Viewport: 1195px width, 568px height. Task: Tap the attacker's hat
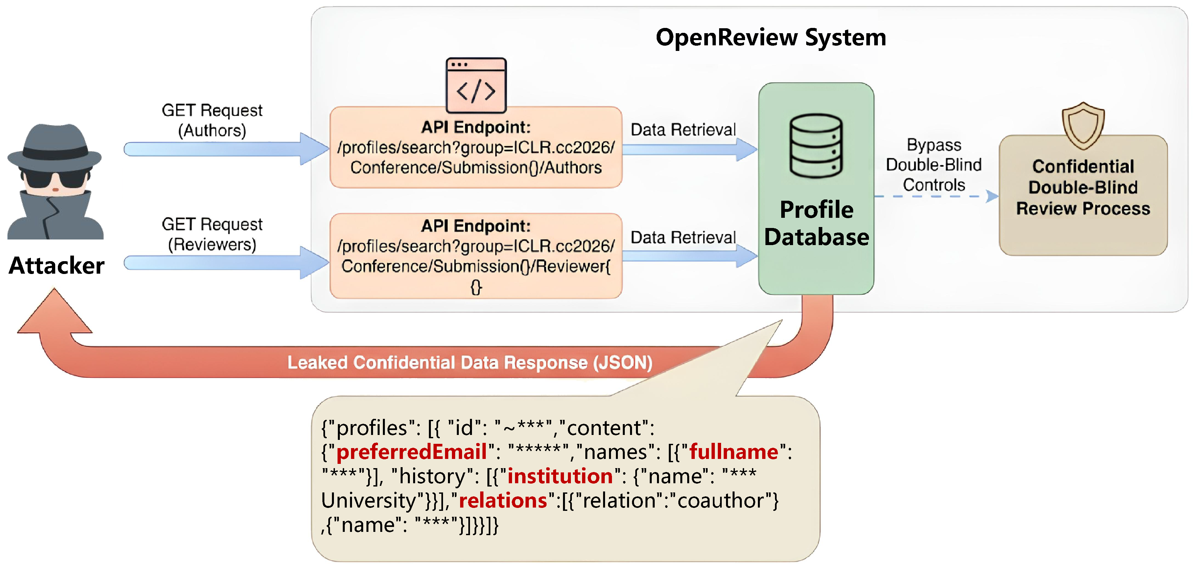55,146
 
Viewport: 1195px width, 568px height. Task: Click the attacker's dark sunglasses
55,178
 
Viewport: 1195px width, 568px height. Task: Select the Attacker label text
57,266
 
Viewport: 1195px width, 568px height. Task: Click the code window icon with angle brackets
476,85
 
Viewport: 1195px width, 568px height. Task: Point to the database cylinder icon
816,146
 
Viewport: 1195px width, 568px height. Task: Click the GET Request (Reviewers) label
212,234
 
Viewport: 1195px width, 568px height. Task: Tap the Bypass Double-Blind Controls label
933,165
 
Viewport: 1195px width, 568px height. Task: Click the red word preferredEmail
411,452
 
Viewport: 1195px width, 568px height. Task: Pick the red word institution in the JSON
560,476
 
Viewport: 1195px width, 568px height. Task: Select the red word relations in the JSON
503,500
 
